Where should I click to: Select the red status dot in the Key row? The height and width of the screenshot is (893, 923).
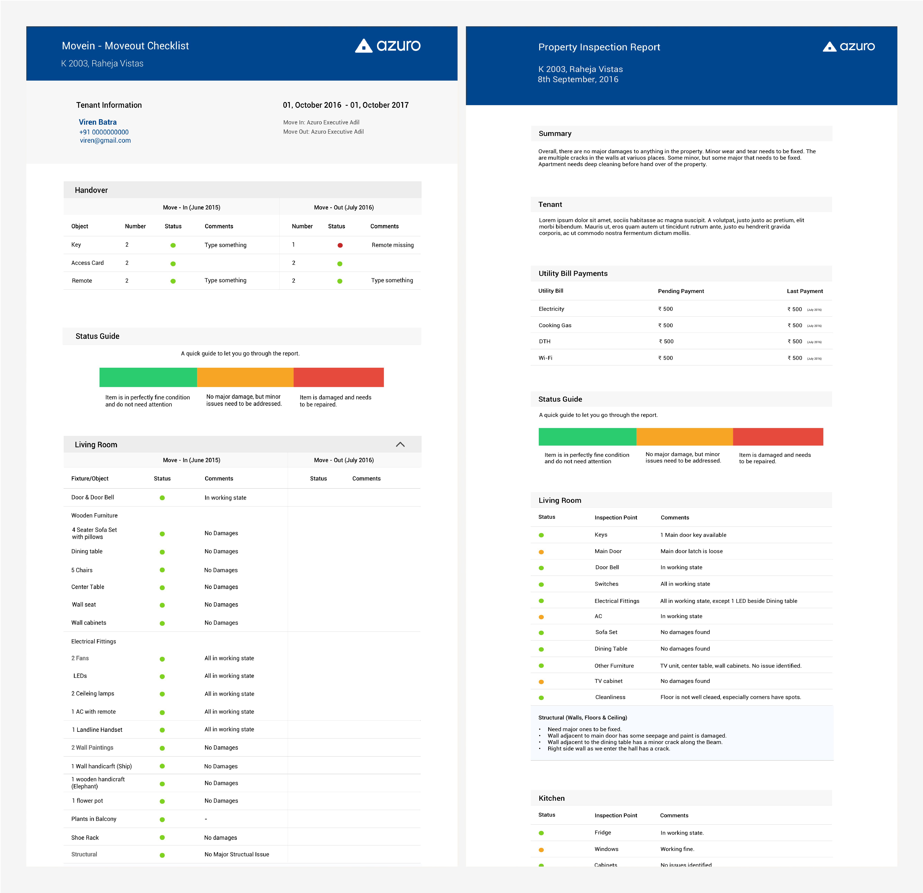[340, 245]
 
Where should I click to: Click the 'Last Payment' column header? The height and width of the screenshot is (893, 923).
[805, 291]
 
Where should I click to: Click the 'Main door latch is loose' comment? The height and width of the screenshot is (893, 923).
[691, 551]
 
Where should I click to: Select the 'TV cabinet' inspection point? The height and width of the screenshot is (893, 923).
[608, 681]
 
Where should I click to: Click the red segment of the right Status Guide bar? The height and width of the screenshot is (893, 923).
[778, 437]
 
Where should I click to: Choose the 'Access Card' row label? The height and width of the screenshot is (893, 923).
[88, 263]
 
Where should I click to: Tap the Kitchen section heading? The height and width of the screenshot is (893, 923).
[551, 798]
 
